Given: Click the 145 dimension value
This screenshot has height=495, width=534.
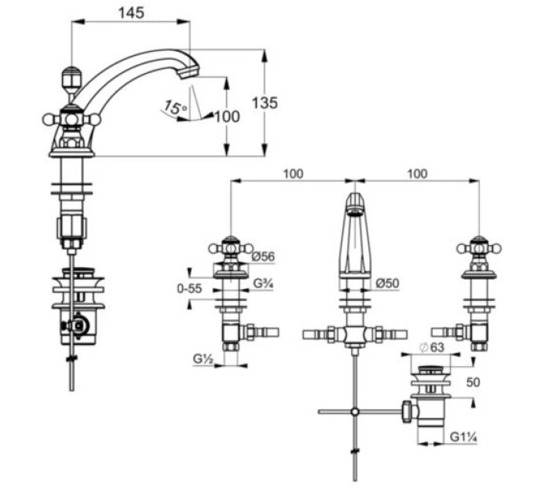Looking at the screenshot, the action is (131, 13).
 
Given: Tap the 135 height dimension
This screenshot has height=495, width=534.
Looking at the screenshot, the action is (265, 103).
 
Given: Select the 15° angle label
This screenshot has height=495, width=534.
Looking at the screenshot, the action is (175, 108).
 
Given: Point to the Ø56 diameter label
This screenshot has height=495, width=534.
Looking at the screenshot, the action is (263, 256).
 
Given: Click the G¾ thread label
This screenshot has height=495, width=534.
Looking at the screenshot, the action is (263, 283).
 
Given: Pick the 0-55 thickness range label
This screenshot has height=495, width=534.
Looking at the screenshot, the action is (189, 288).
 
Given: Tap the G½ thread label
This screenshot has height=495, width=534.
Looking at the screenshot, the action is (203, 358).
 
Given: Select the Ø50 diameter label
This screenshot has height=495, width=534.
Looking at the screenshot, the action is (387, 283).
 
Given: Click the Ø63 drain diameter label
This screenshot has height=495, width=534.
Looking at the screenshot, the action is (432, 347).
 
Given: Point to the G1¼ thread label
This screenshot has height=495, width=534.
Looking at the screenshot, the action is (463, 437).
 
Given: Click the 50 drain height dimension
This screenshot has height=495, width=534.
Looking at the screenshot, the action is (473, 382).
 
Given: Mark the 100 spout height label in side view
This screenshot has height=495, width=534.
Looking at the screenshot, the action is (228, 117).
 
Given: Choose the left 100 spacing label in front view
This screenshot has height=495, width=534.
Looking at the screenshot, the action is (293, 174).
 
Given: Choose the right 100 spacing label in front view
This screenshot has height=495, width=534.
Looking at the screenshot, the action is (418, 174).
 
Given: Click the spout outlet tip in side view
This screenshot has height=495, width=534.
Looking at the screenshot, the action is (190, 72).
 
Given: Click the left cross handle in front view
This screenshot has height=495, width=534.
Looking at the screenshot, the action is (231, 249).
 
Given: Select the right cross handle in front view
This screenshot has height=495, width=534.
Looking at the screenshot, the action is (478, 249).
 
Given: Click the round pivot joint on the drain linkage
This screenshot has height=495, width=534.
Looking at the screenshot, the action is (355, 412).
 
